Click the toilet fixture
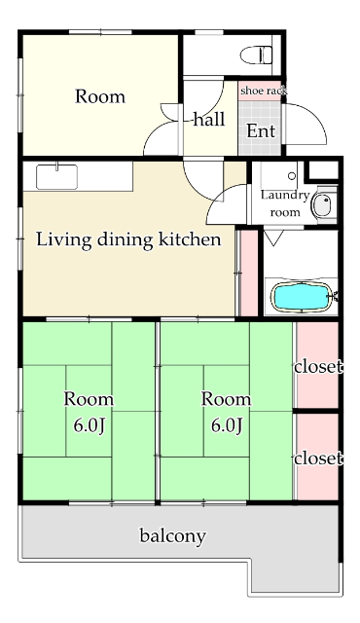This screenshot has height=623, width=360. [257, 55]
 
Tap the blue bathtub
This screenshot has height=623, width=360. [302, 296]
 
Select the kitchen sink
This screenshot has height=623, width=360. [56, 177]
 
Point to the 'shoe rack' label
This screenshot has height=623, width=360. [264, 91]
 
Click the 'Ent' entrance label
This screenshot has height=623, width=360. [261, 130]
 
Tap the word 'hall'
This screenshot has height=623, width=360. [209, 119]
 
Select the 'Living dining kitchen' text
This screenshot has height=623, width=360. [128, 240]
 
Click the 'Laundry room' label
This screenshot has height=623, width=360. [285, 203]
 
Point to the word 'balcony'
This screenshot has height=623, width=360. [172, 536]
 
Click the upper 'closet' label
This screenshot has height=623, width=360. [318, 366]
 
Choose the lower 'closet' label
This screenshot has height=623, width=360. [318, 458]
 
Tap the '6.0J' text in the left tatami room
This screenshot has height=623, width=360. [90, 426]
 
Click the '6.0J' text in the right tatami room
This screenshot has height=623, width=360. [227, 426]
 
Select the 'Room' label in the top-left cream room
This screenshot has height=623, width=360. [100, 96]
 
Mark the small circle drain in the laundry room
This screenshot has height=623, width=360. [292, 175]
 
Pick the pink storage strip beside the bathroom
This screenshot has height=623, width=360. [249, 273]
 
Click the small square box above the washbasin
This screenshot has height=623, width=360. [323, 170]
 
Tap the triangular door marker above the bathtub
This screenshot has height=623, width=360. [273, 238]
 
